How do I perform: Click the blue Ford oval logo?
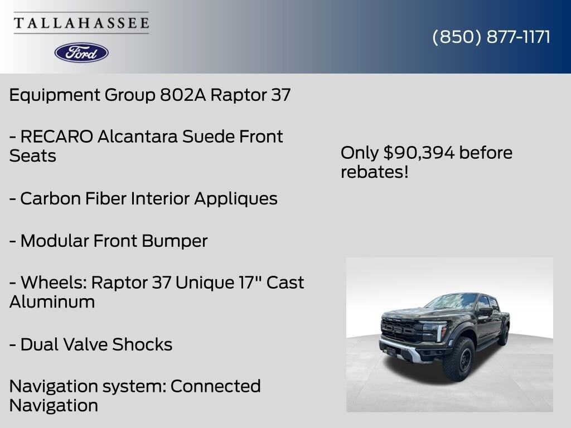pyautogui.click(x=81, y=53)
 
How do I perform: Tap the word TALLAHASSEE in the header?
pyautogui.click(x=81, y=23)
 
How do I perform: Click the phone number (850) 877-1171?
pyautogui.click(x=491, y=37)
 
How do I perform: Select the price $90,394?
pyautogui.click(x=419, y=153)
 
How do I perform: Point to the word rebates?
pyautogui.click(x=374, y=172)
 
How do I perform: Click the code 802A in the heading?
pyautogui.click(x=183, y=95)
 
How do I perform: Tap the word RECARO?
pyautogui.click(x=57, y=137)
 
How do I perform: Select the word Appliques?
pyautogui.click(x=236, y=199)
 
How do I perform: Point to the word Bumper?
pyautogui.click(x=175, y=241)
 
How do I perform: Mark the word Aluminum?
pyautogui.click(x=52, y=301)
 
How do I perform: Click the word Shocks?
pyautogui.click(x=142, y=344)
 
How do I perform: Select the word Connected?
pyautogui.click(x=216, y=386)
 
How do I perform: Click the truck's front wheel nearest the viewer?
pyautogui.click(x=459, y=359)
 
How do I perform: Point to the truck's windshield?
pyautogui.click(x=452, y=301)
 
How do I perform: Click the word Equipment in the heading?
pyautogui.click(x=55, y=95)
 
